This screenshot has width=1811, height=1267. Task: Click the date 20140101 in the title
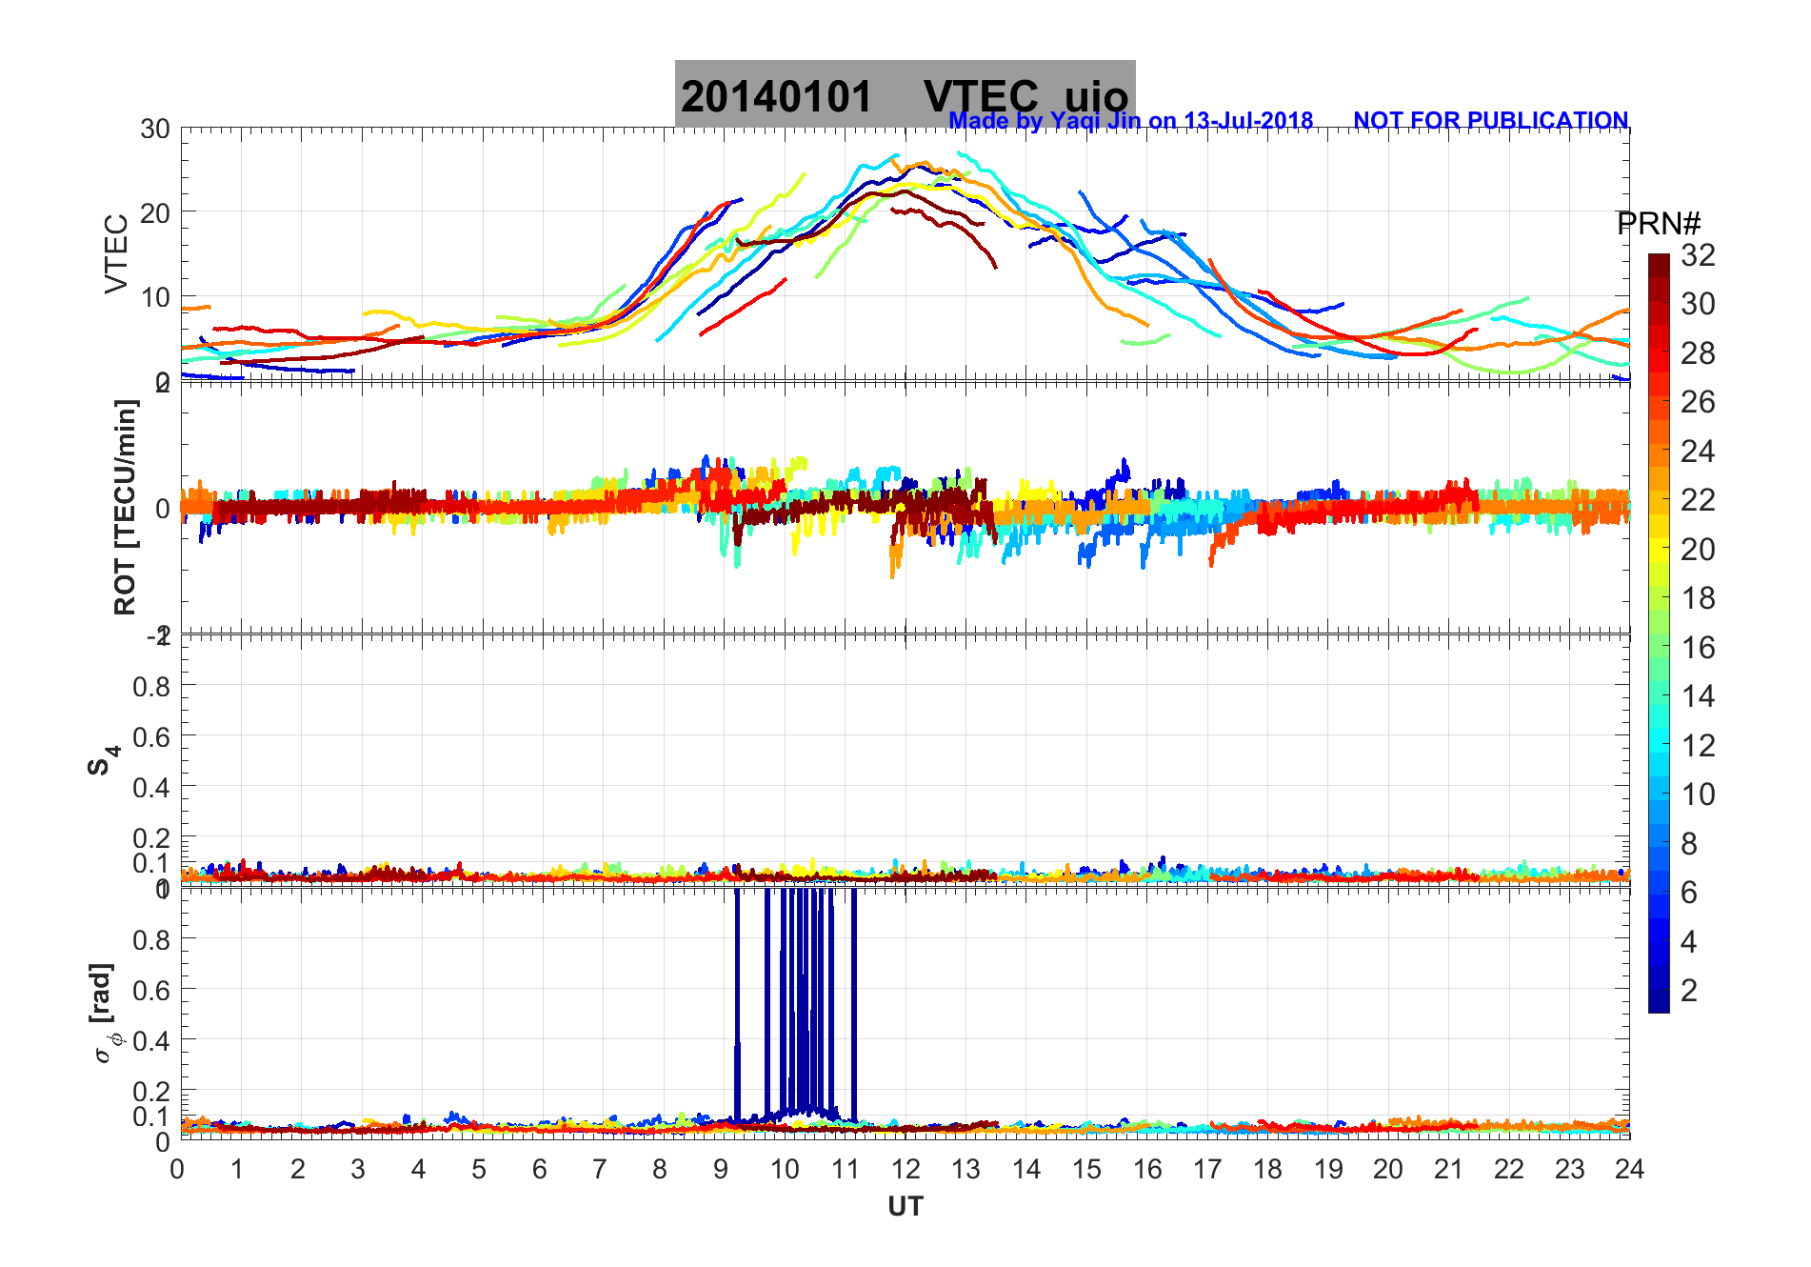click(776, 97)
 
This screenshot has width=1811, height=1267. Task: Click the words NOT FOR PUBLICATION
click(1490, 121)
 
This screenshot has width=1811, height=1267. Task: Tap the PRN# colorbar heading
click(1659, 224)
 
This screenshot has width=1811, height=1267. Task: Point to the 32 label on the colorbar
click(1698, 255)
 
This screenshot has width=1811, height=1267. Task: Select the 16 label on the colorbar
click(1698, 648)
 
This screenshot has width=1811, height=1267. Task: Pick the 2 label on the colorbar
click(1689, 991)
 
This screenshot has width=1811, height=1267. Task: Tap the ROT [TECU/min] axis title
click(125, 507)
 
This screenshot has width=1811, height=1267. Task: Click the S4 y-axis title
click(103, 760)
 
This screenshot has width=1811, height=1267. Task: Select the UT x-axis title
click(905, 1207)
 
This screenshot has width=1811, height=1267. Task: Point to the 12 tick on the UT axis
click(905, 1169)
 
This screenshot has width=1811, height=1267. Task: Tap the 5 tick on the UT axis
click(479, 1169)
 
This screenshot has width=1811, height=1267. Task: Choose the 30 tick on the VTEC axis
click(155, 130)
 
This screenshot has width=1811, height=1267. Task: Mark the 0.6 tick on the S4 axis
click(151, 736)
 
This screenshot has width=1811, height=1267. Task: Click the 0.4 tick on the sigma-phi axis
click(151, 1040)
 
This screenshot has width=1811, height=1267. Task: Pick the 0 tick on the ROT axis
click(162, 508)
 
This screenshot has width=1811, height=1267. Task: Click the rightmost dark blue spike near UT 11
click(853, 1000)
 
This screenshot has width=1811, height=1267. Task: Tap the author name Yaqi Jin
click(1094, 121)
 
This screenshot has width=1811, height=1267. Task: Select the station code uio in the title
click(1096, 97)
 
